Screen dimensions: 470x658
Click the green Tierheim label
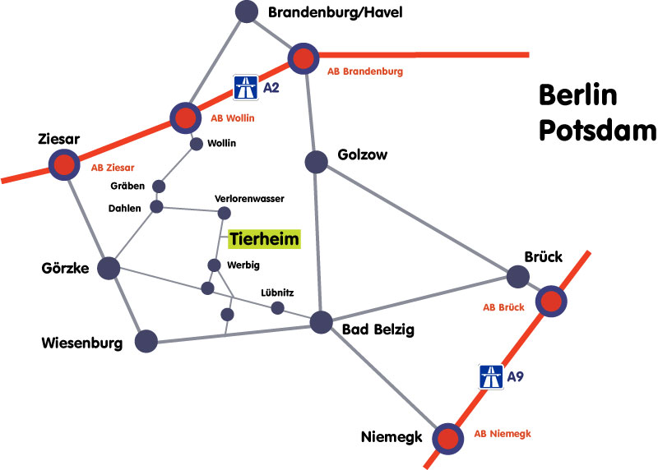264,239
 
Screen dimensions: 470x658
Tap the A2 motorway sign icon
244,86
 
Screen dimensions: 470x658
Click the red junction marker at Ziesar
63,164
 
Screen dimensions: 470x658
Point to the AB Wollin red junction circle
184,117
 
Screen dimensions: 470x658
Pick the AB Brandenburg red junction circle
303,58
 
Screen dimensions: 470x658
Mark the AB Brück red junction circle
550,302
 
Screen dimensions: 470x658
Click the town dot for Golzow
317,162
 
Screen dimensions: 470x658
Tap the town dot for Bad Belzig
321,323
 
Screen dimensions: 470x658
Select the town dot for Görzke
109,268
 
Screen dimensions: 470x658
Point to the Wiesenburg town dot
146,340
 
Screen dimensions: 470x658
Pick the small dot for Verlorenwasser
224,214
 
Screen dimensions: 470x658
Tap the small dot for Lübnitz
278,308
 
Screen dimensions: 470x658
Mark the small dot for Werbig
214,265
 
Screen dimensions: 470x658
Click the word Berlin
577,96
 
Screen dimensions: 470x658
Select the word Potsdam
598,131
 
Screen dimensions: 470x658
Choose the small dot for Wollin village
197,144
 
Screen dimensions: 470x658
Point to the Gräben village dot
160,186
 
